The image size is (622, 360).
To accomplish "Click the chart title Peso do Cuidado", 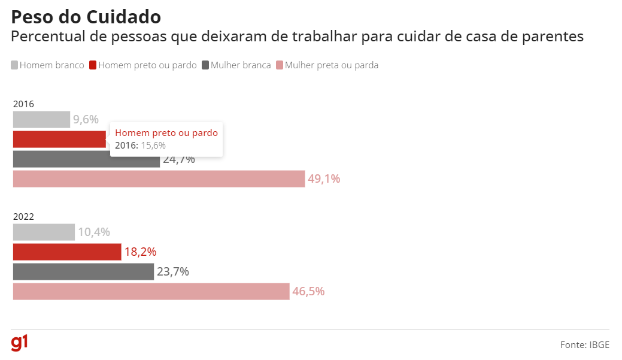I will tap(86, 17).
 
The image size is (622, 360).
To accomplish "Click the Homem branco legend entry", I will tap(48, 65).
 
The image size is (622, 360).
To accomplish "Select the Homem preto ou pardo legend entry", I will tap(143, 65).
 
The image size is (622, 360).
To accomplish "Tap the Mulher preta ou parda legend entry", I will tap(327, 65).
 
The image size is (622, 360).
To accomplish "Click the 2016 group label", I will tap(23, 104).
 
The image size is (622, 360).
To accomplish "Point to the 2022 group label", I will tap(23, 216).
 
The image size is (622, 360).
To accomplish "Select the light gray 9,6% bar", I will tap(41, 119).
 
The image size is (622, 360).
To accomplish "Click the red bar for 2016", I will tap(59, 139).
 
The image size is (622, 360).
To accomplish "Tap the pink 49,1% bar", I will tap(159, 179).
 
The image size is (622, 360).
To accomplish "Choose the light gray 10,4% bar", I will tap(44, 232).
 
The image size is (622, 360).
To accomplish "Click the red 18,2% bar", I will tap(67, 252).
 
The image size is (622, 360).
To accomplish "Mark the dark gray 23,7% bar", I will tap(83, 271).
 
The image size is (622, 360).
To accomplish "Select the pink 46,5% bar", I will tap(151, 291).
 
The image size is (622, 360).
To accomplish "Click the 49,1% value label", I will tap(324, 179).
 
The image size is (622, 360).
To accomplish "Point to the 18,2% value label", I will tap(140, 252).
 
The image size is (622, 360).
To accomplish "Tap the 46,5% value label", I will tap(308, 291).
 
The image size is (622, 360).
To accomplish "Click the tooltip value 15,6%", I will tap(153, 145).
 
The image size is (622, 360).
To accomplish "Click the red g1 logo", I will tap(19, 343).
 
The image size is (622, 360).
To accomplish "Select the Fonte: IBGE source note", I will tap(584, 344).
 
